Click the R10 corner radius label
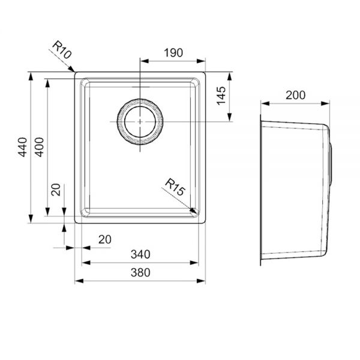point(62,50)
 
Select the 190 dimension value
point(173,53)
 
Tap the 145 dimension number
point(221,96)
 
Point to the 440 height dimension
point(23,147)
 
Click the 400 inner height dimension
point(39,147)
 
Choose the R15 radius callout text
point(175,187)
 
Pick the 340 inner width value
point(140,254)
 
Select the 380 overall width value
point(140,272)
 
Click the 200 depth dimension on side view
point(295,95)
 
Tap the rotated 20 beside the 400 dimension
point(56,190)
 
